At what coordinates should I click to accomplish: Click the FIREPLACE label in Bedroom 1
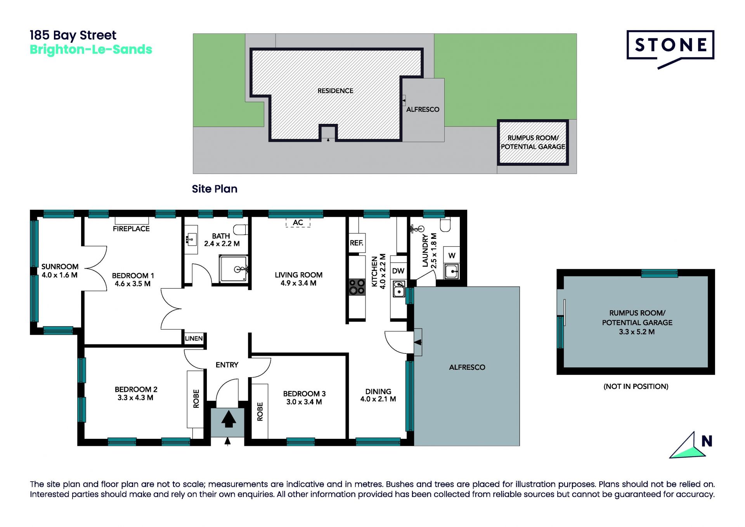pos(131,229)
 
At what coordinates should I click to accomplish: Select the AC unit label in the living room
pos(298,223)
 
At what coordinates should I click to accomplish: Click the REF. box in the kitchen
pos(357,243)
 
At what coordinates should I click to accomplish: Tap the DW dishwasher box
pos(398,271)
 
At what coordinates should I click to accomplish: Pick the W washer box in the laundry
pos(452,255)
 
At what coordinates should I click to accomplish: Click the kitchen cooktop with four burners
pos(357,287)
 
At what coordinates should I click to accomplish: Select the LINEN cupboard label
pos(194,338)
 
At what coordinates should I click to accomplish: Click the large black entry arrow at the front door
pos(229,419)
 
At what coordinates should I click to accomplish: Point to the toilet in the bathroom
pos(241,230)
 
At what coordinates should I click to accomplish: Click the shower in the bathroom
pos(234,268)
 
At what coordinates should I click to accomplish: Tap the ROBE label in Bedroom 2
pos(196,398)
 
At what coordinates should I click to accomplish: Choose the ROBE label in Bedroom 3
pos(260,411)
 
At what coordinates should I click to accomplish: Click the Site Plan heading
pos(215,189)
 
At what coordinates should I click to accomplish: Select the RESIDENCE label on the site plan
pos(335,91)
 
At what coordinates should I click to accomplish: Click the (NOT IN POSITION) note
pos(636,386)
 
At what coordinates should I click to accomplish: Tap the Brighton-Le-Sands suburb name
pos(91,50)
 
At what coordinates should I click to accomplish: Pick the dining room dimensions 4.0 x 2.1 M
pos(378,399)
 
